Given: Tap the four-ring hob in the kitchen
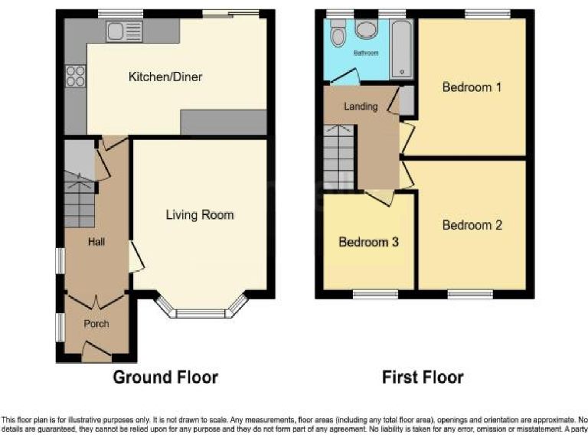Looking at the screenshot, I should pos(76,76).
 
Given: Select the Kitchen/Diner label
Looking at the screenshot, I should pos(165,77).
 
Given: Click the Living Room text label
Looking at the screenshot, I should pos(200,215).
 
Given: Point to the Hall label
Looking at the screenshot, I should pos(96,243).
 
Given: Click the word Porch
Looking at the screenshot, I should pos(96,324).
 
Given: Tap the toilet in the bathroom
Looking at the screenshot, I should pos(337,34).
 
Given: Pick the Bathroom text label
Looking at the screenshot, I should pos(365,54).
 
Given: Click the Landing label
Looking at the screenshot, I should pos(361,106).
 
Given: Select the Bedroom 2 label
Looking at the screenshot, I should pos(472,225).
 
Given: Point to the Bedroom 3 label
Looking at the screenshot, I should pos(368,242).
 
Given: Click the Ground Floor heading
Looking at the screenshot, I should pos(165,377).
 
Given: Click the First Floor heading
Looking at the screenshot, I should pos(423,377).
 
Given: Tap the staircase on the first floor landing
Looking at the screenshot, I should pos(338,157).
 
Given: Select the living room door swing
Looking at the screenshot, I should pos(136,256).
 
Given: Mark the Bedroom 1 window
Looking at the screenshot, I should pos(488,13).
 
